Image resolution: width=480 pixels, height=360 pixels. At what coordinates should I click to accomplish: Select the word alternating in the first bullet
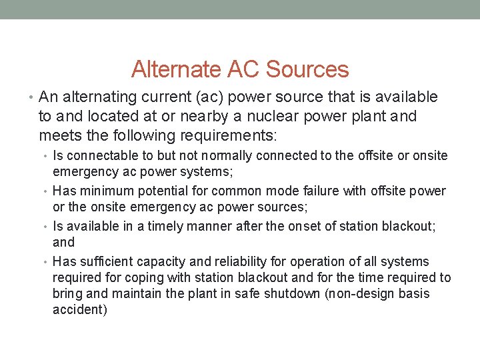[101, 97]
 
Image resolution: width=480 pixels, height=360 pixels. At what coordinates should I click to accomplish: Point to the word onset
[304, 226]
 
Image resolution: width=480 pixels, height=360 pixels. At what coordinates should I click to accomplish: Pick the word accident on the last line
[79, 311]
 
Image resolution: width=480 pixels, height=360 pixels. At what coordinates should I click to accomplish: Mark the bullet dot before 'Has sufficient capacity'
[46, 262]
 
